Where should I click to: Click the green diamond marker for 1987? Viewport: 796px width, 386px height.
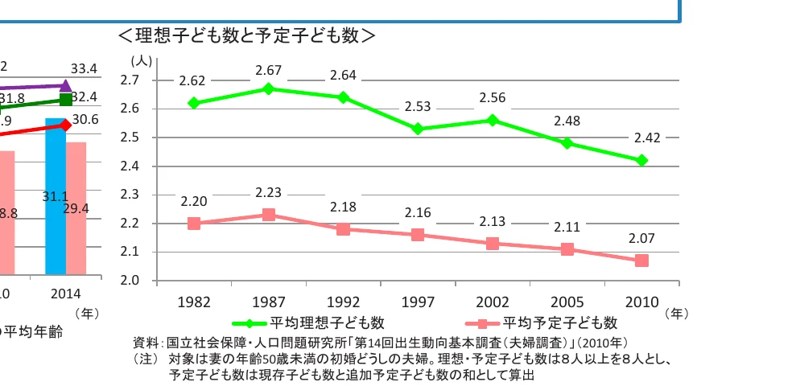pos(269,88)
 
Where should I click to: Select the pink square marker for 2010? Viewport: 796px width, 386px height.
pos(641,261)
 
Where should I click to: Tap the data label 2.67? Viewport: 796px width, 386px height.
pos(268,71)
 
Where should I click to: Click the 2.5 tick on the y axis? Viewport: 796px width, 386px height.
pos(130,138)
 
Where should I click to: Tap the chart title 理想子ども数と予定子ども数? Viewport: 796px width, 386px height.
pos(246,36)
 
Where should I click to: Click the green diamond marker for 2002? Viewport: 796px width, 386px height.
pos(493,120)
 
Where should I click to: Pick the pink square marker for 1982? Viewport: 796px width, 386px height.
pos(193,224)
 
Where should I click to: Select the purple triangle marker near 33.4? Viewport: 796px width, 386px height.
pos(66,85)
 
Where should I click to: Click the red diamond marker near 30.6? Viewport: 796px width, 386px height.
pos(66,125)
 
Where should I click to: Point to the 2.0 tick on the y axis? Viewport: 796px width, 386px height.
pos(130,281)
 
